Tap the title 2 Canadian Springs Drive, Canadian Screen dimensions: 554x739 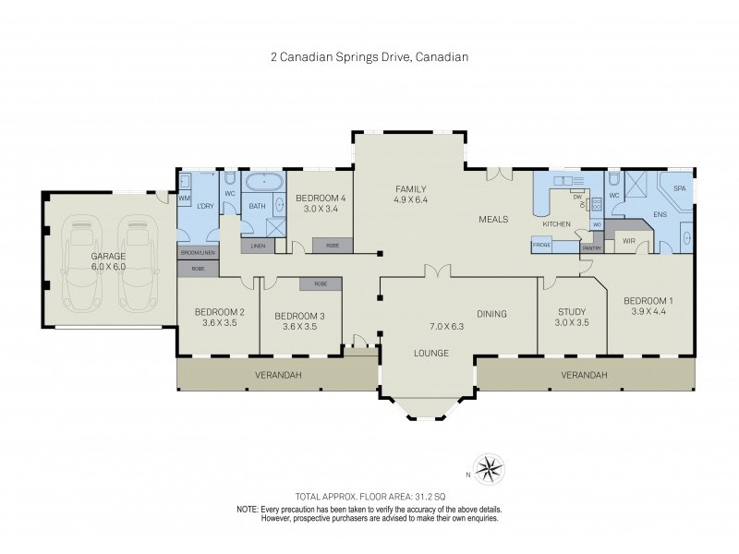369,56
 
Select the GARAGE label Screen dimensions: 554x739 107,256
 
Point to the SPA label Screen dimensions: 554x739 680,187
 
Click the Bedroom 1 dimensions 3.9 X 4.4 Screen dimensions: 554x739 649,312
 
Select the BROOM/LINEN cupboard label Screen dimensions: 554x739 198,252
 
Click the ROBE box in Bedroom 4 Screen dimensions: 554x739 332,246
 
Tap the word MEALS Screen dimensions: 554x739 493,220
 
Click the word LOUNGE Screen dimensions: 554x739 431,353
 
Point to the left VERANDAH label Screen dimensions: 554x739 278,375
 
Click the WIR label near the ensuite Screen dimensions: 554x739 629,240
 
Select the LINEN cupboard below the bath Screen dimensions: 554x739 258,246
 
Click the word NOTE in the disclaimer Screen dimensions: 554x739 247,509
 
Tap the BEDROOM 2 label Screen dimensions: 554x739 219,312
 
